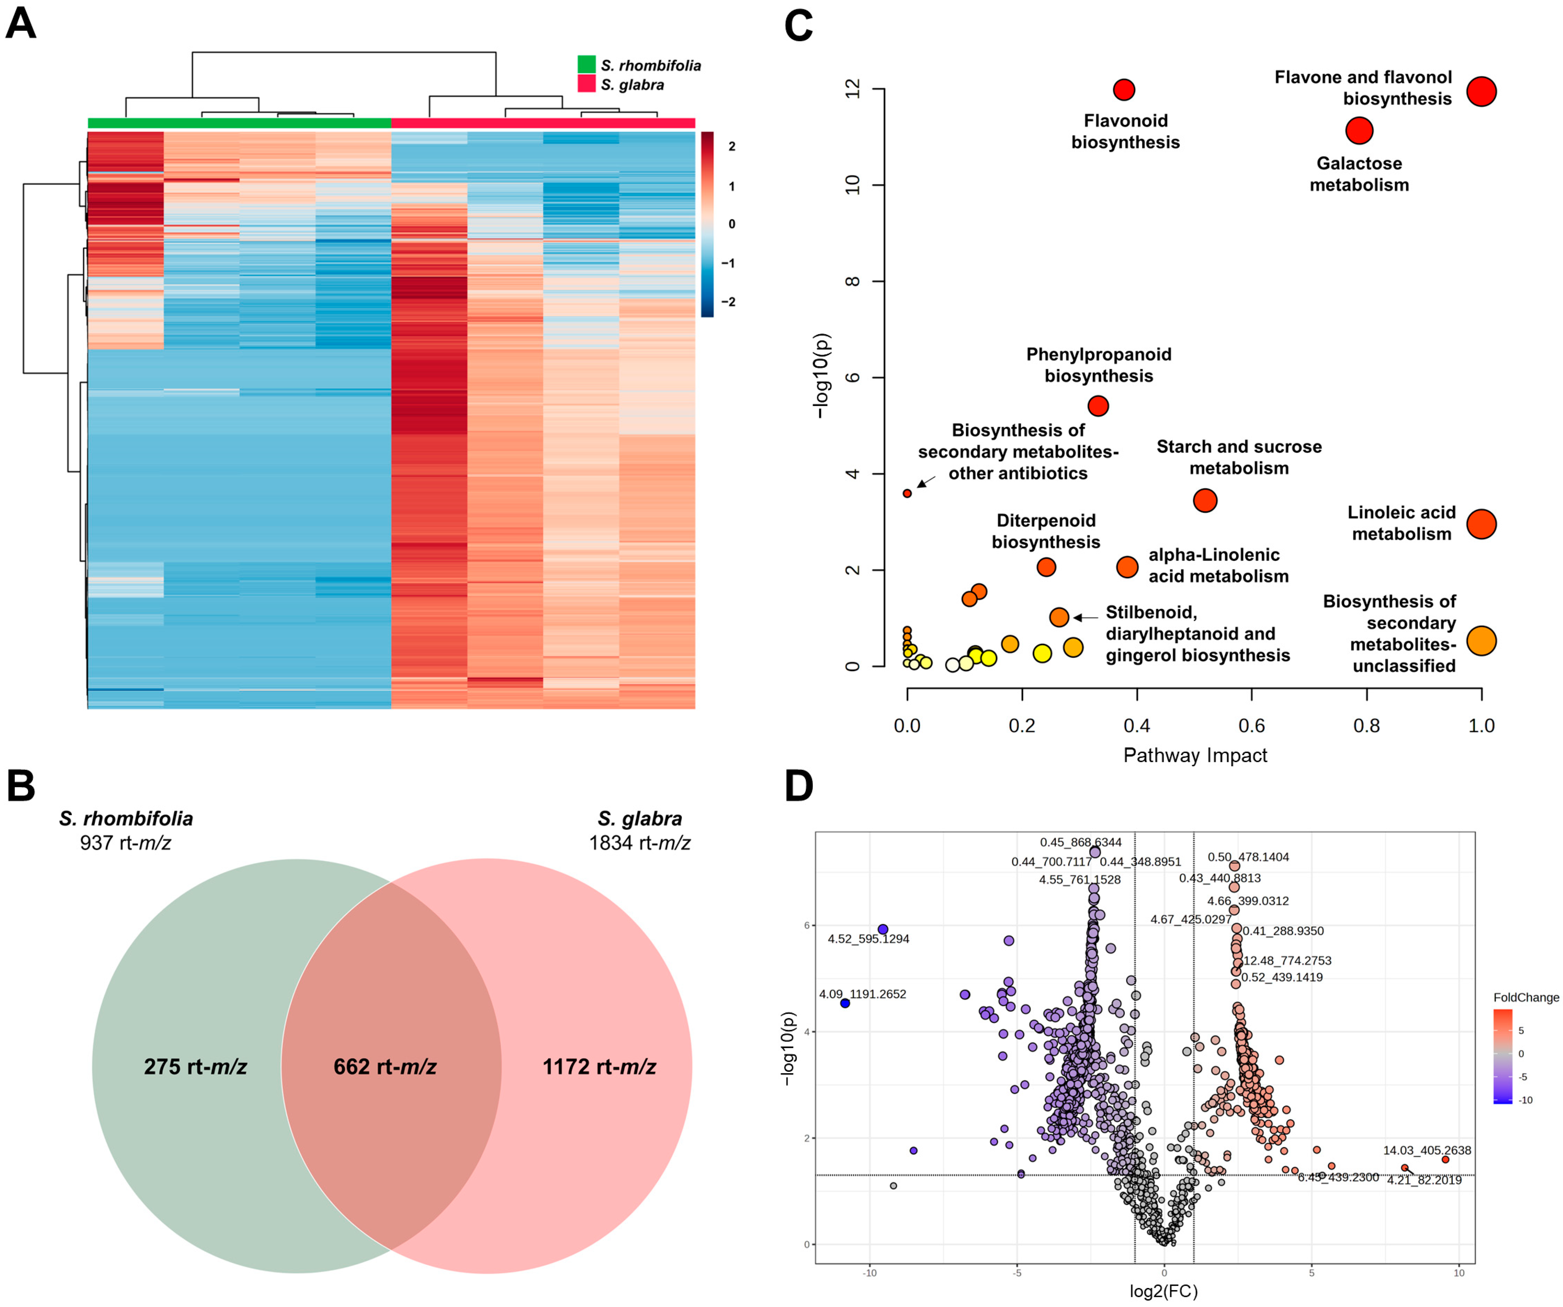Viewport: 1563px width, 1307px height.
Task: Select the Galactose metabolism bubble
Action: (1359, 131)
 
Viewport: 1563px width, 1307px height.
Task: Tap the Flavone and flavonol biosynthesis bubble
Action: (1481, 92)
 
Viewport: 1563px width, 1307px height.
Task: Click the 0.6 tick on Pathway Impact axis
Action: (1251, 725)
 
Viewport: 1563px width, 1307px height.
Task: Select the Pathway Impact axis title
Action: (1194, 755)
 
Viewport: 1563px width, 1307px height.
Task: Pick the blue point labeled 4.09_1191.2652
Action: (845, 1004)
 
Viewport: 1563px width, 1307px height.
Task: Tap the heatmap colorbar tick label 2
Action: (732, 146)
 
